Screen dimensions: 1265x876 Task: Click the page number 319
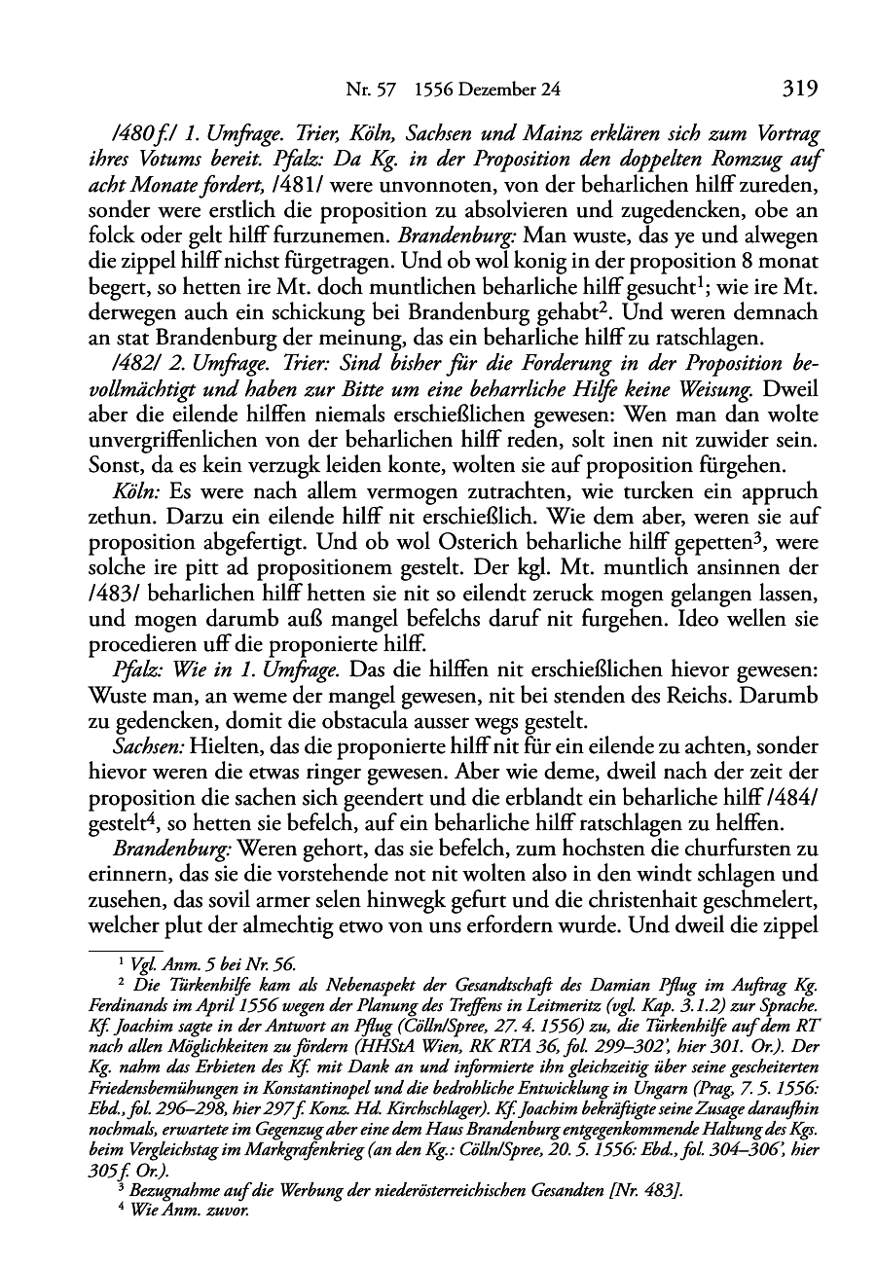pyautogui.click(x=797, y=90)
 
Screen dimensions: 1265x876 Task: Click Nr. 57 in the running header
pyautogui.click(x=368, y=90)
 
